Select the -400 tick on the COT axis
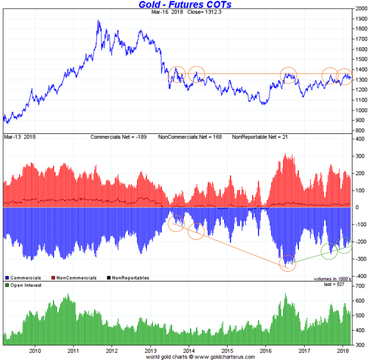[x=360, y=276]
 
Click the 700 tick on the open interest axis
[x=359, y=287]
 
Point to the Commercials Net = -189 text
[x=117, y=137]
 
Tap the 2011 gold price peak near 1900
[x=98, y=21]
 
